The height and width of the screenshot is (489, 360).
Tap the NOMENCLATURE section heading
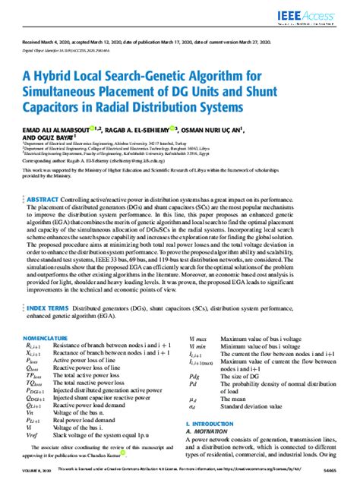(44, 337)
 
